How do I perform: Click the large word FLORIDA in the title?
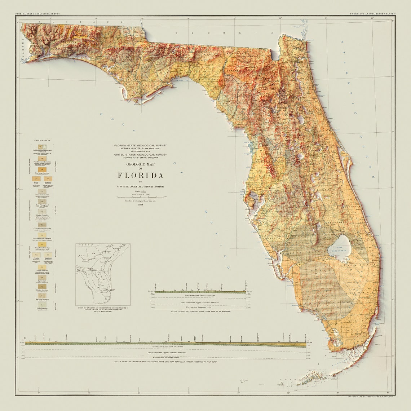pos(141,176)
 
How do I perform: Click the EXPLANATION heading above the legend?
pos(42,141)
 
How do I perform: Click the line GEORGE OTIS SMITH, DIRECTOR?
pos(141,158)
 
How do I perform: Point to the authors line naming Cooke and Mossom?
pos(141,186)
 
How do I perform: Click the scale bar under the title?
pos(141,197)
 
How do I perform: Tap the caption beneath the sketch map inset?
pos(103,309)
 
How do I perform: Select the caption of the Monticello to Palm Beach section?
pos(166,361)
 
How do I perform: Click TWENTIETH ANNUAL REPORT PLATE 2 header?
pos(372,14)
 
